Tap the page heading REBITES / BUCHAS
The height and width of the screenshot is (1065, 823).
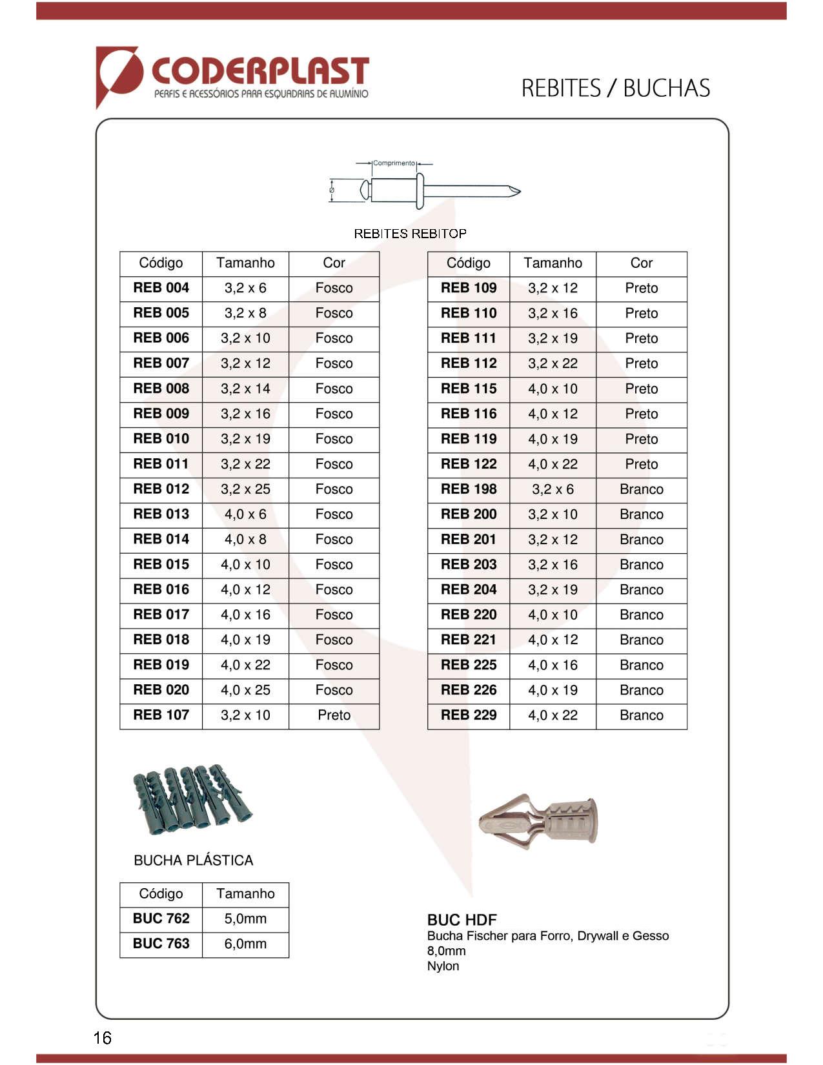coord(615,88)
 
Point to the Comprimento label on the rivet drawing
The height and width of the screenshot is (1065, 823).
coord(394,163)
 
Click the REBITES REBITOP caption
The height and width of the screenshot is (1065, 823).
coord(410,234)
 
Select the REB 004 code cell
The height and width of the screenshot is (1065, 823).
coord(161,288)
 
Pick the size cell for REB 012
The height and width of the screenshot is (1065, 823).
coord(245,489)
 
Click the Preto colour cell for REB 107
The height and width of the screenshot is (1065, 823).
coord(334,715)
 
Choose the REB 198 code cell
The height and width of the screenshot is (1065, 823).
coord(469,489)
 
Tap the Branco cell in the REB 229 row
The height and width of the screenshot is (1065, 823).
coord(641,715)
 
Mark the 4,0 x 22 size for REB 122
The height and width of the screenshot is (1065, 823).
coord(553,464)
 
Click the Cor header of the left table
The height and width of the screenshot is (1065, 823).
coord(334,263)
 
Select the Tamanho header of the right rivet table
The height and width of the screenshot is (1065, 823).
coord(553,263)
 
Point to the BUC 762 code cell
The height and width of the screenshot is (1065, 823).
coord(161,918)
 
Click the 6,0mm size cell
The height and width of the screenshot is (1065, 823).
coord(245,944)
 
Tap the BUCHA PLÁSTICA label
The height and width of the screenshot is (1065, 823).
coord(193,860)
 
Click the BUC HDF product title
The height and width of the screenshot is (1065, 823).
coord(462,920)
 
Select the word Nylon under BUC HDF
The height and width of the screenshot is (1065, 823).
coord(443,966)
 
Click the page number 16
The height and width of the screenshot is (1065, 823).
coord(102,1038)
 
